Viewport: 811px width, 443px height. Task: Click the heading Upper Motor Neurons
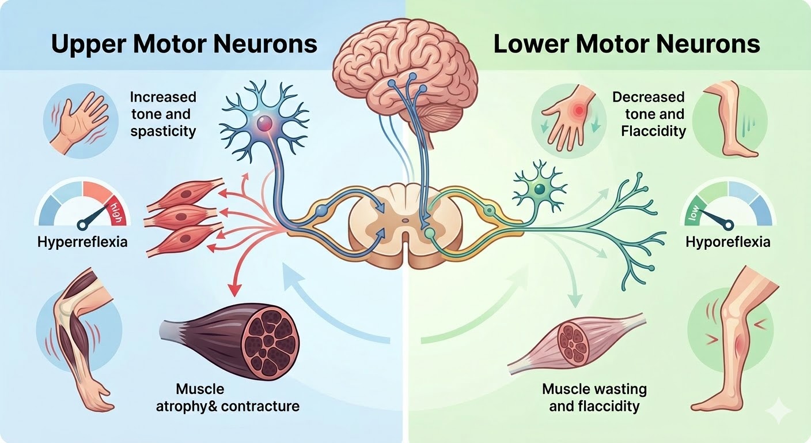184,44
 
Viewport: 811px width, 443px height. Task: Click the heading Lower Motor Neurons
627,44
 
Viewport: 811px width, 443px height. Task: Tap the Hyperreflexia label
82,242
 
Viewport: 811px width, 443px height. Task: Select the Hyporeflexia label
727,242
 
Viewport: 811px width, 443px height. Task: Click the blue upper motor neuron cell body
265,123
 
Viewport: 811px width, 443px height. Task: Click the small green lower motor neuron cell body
539,189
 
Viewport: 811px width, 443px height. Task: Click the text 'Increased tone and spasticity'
163,114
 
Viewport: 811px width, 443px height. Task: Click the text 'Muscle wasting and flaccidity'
594,397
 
